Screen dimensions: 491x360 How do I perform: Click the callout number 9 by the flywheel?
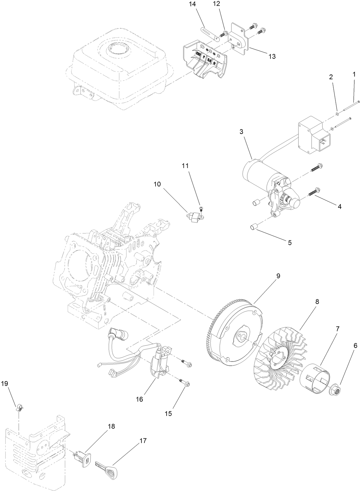tap(278, 276)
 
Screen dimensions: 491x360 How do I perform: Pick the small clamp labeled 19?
tap(20, 408)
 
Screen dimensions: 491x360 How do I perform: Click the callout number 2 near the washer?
tap(331, 77)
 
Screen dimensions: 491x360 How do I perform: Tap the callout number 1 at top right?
tap(354, 73)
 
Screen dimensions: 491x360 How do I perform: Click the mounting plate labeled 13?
tap(239, 39)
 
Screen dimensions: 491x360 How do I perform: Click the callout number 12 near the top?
tap(216, 4)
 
